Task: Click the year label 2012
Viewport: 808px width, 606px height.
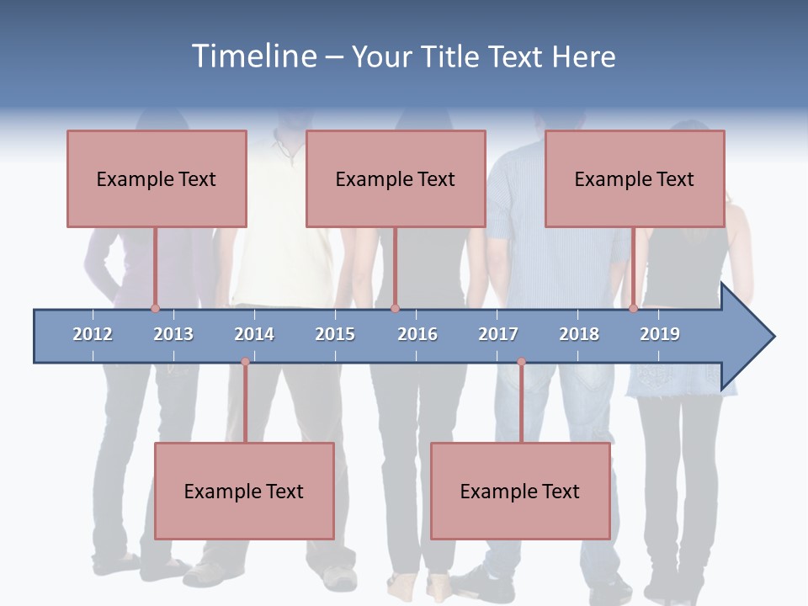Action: pos(93,334)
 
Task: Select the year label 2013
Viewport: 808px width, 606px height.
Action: pos(173,334)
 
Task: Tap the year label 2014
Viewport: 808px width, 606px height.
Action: pos(254,334)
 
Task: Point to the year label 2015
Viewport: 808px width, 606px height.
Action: pos(335,334)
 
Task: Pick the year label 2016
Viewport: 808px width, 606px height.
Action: pos(417,334)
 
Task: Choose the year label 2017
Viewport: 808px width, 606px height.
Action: pos(498,334)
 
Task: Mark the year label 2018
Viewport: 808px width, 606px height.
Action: pos(579,334)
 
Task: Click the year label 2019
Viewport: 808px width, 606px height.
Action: pos(660,334)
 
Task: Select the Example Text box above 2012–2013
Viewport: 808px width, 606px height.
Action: pos(157,178)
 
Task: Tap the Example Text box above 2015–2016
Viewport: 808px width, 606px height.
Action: pos(396,178)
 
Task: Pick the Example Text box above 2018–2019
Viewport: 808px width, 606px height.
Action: pos(635,178)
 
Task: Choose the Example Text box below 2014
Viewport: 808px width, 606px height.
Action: pos(244,491)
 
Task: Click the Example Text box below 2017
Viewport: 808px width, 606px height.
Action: pos(520,491)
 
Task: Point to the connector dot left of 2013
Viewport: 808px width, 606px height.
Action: pos(155,309)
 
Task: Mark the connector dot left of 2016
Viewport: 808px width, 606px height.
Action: pos(395,309)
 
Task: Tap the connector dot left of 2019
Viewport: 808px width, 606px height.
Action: pos(634,309)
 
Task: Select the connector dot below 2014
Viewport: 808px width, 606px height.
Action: pos(245,362)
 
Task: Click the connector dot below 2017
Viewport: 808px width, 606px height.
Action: pos(521,362)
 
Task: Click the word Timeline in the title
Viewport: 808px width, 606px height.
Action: pos(253,56)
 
